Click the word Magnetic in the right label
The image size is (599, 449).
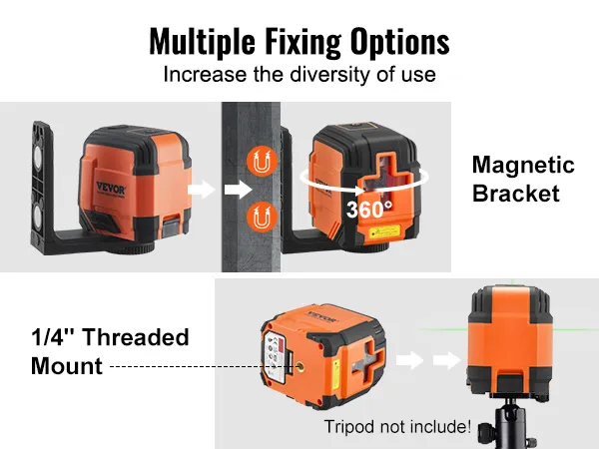point(522,166)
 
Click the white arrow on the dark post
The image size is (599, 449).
point(236,189)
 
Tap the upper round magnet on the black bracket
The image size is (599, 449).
point(44,152)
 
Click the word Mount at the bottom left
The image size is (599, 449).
point(67,366)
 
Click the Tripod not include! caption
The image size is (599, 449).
point(397,427)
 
